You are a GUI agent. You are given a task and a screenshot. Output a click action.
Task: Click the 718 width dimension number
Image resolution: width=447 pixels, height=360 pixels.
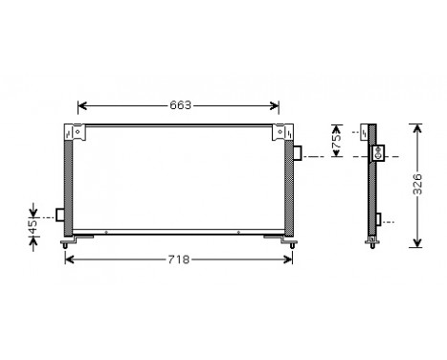pos(179,259)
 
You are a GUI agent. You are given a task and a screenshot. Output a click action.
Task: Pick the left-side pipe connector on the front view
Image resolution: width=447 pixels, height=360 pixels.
pos(61,214)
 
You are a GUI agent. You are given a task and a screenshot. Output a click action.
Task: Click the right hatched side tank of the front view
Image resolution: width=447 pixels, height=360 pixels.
pos(288,187)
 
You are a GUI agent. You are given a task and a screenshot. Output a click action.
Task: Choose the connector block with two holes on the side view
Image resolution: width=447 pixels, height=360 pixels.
pos(378,151)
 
